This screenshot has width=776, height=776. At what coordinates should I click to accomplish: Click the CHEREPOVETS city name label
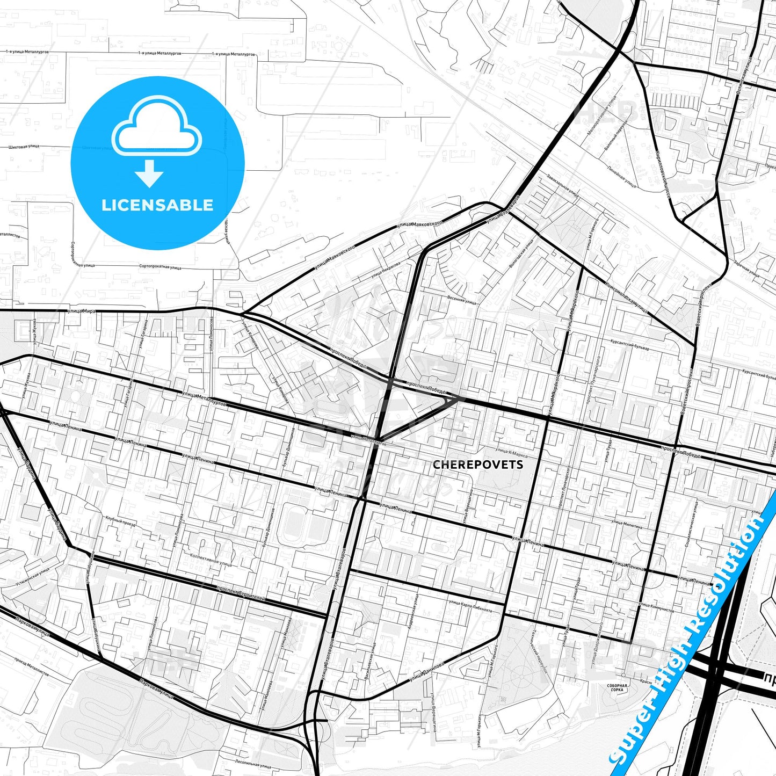(477, 465)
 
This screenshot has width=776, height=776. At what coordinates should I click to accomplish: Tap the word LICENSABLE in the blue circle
(157, 205)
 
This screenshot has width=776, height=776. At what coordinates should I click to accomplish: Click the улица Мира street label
(81, 311)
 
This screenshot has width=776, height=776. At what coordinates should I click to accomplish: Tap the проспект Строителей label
(241, 593)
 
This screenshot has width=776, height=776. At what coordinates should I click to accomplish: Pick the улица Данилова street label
(427, 671)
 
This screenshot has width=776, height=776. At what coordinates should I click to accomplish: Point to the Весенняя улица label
(461, 299)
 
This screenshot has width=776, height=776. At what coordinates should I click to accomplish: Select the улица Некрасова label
(386, 271)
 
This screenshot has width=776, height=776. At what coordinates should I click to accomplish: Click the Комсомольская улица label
(627, 299)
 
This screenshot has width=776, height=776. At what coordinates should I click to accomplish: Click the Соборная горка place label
(617, 687)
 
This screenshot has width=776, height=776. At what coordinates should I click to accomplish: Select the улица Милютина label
(625, 526)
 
